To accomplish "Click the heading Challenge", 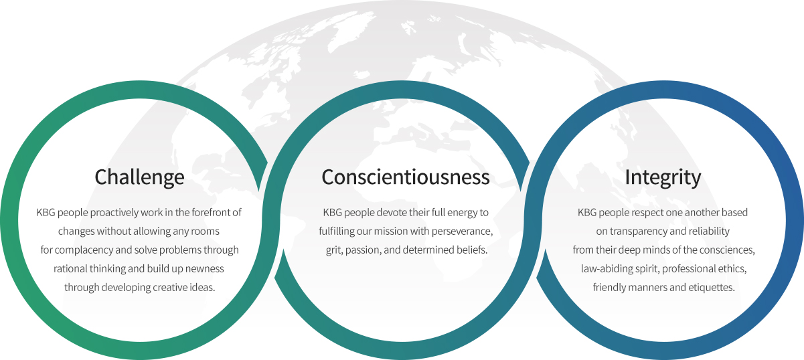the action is click(139, 177).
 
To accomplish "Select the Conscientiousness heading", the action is click(406, 177).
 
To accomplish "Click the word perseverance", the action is click(463, 232).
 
